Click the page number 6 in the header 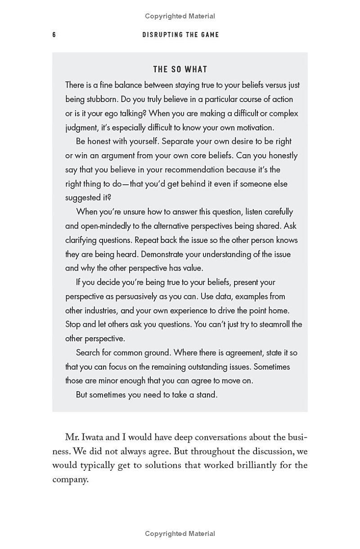pyautogui.click(x=54, y=35)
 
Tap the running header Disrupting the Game pyautogui.click(x=180, y=35)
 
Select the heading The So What pyautogui.click(x=180, y=69)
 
